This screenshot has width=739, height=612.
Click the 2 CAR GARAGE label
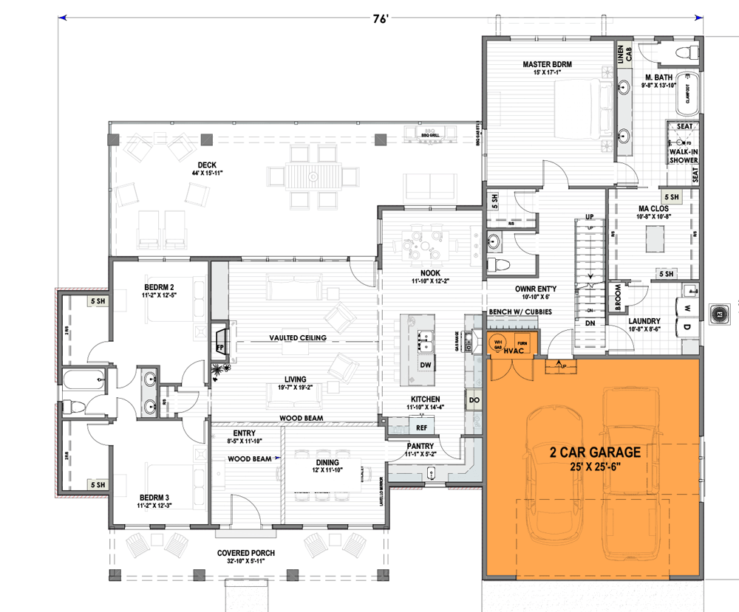pos(594,451)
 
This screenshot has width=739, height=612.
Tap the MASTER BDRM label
pos(548,64)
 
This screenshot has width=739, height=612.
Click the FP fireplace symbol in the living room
pos(220,345)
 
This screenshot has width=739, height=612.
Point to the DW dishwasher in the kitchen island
pos(426,365)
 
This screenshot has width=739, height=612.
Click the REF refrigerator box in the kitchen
pos(422,427)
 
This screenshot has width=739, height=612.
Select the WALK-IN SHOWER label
pos(684,155)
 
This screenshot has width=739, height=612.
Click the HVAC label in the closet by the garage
pos(514,353)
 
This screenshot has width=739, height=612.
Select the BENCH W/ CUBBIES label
pos(520,313)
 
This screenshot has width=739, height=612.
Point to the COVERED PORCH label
pos(246,554)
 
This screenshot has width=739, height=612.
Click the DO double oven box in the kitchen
pos(474,401)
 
